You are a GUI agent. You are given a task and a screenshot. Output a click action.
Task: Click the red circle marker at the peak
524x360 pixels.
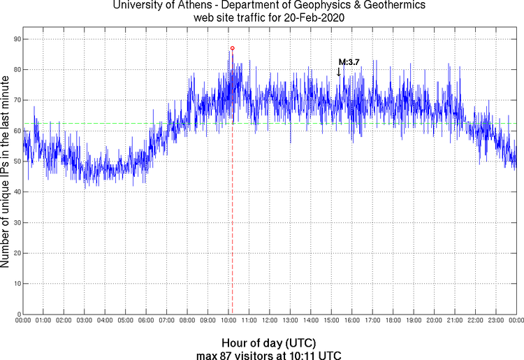pyautogui.click(x=233, y=48)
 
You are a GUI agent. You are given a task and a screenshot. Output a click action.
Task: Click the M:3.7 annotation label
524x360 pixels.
pyautogui.click(x=349, y=62)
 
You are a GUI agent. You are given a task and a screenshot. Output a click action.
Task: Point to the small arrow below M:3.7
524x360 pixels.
pyautogui.click(x=339, y=71)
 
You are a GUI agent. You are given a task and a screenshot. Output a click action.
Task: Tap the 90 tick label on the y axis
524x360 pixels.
pyautogui.click(x=16, y=39)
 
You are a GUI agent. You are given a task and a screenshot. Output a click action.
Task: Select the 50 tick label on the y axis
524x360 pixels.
pyautogui.click(x=16, y=161)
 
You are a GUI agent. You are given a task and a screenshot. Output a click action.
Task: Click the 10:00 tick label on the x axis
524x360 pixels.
pyautogui.click(x=228, y=321)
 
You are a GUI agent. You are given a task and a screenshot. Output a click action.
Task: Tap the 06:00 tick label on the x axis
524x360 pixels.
pyautogui.click(x=146, y=321)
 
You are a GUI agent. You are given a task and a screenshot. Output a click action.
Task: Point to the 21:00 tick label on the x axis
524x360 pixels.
pyautogui.click(x=455, y=321)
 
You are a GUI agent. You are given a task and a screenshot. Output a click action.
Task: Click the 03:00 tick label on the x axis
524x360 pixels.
pyautogui.click(x=84, y=321)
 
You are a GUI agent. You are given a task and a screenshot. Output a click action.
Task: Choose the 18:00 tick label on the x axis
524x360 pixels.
pyautogui.click(x=393, y=321)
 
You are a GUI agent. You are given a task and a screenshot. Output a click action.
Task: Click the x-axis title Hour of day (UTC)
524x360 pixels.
pyautogui.click(x=269, y=343)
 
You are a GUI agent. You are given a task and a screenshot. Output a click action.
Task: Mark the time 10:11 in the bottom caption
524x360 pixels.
pyautogui.click(x=303, y=355)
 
